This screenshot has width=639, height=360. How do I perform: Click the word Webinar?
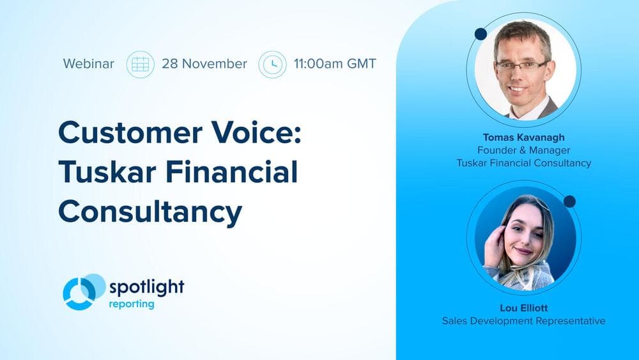pyautogui.click(x=89, y=64)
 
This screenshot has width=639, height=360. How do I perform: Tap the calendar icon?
pyautogui.click(x=140, y=64)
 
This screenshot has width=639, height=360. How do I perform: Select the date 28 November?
pyautogui.click(x=204, y=64)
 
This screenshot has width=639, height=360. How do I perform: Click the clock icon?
pyautogui.click(x=272, y=64)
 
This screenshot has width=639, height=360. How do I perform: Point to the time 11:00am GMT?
pyautogui.click(x=335, y=64)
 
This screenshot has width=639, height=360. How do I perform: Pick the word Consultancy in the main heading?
pyautogui.click(x=150, y=212)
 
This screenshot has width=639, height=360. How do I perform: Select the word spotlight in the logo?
pyautogui.click(x=146, y=286)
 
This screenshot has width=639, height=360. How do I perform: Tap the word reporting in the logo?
pyautogui.click(x=130, y=304)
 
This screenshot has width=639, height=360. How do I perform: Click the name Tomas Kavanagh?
pyautogui.click(x=523, y=137)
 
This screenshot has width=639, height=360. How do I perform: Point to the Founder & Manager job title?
pyautogui.click(x=523, y=150)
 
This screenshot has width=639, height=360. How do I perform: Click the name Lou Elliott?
pyautogui.click(x=523, y=308)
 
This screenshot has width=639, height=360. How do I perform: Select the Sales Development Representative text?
pyautogui.click(x=523, y=321)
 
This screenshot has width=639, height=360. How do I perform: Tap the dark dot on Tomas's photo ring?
pyautogui.click(x=481, y=34)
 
